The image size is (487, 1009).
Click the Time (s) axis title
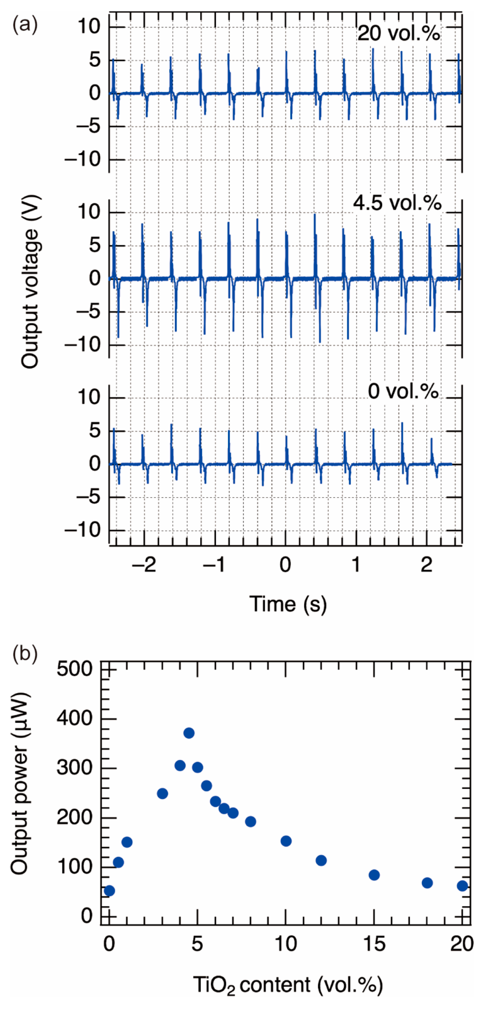click(x=288, y=604)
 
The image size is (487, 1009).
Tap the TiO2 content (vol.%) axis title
click(x=288, y=984)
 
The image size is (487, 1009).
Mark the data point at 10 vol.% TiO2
click(x=286, y=841)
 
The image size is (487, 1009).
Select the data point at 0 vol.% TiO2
click(x=110, y=891)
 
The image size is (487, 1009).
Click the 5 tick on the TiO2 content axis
click(x=197, y=944)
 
